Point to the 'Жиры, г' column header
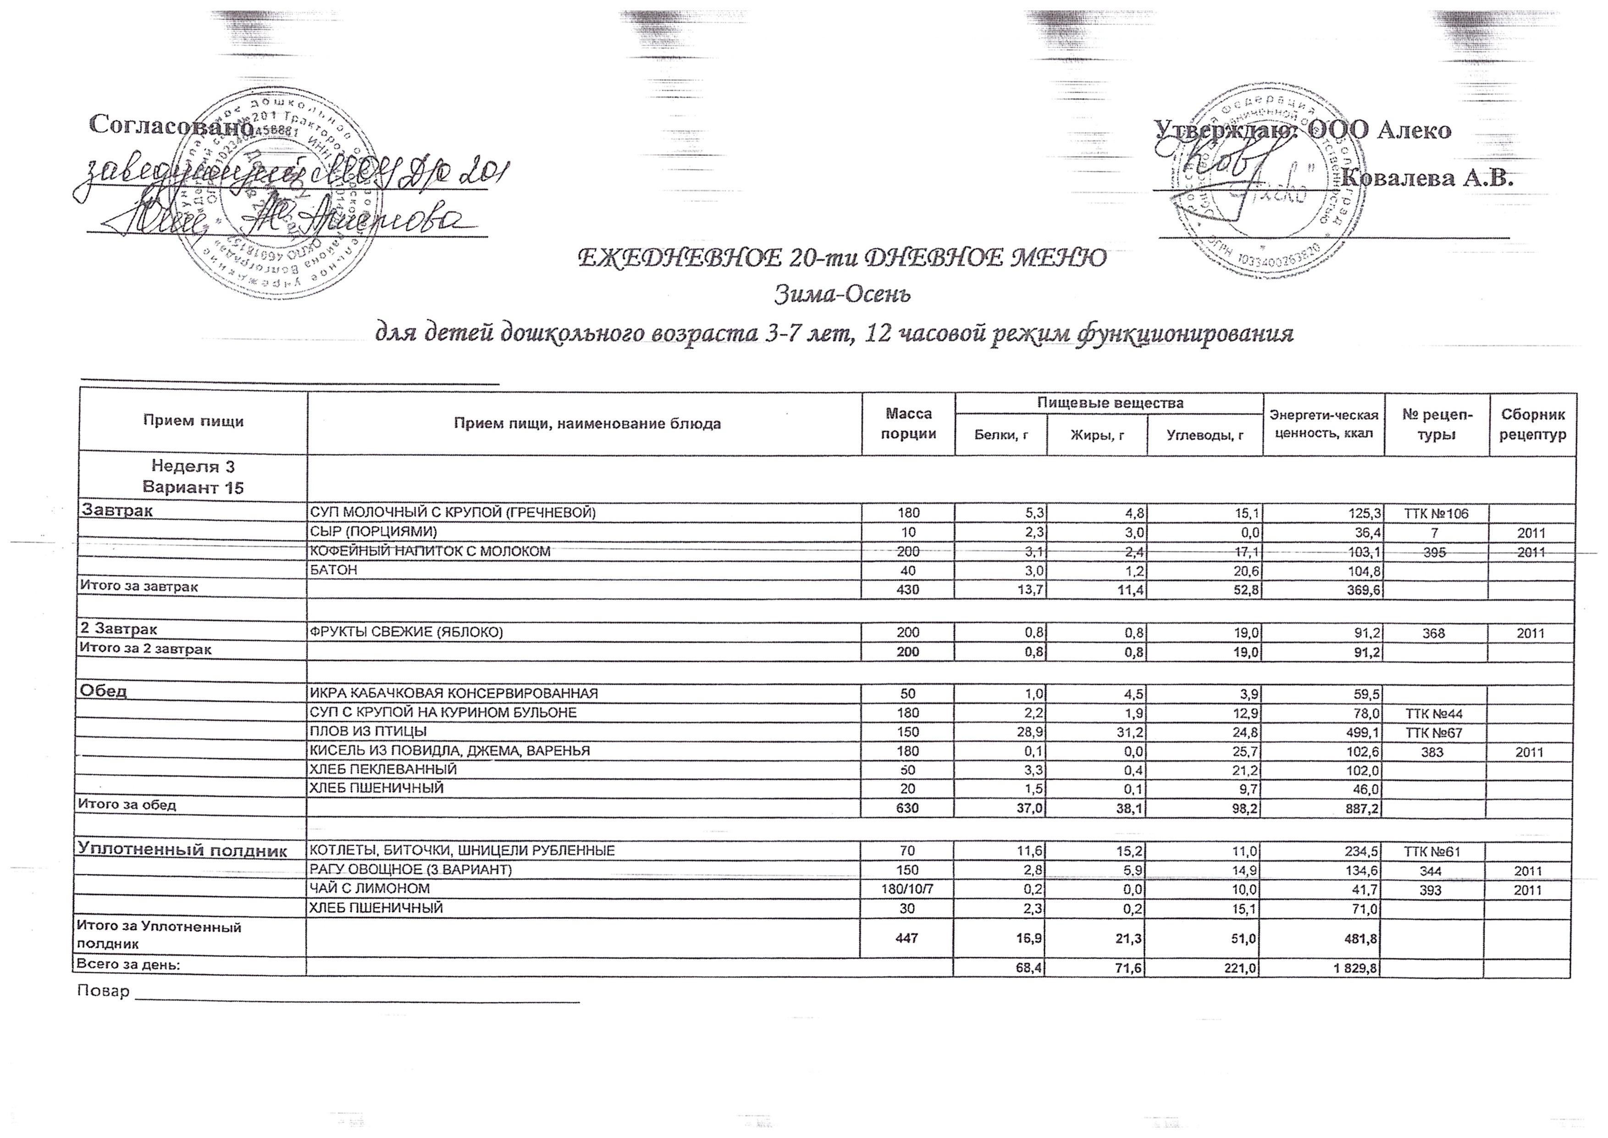tap(1097, 435)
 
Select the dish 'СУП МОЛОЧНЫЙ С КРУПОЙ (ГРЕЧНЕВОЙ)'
tap(453, 513)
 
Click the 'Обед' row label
tap(104, 691)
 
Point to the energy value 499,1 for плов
tap(1362, 732)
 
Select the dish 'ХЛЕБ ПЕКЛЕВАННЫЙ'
tap(383, 769)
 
